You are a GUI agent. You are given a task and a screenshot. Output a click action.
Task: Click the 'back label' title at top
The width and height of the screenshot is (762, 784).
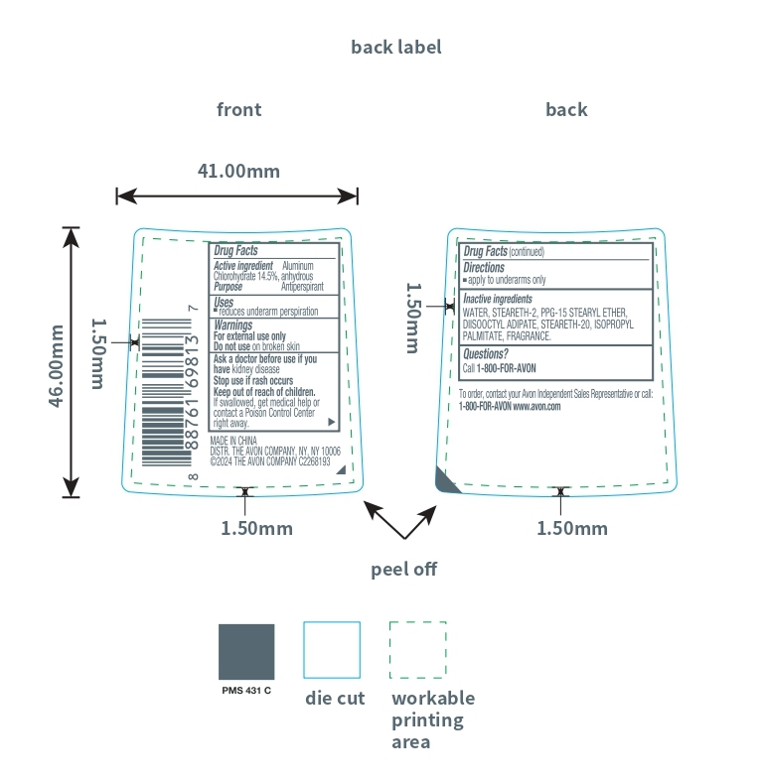[395, 47]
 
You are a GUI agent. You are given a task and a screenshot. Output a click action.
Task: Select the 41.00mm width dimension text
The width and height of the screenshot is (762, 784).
[238, 171]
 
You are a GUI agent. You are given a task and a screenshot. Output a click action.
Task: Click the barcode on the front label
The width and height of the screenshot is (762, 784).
[163, 391]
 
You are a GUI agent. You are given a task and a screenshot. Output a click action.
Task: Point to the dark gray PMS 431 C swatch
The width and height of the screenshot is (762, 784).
[246, 651]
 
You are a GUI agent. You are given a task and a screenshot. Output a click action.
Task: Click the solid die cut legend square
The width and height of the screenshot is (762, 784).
[332, 650]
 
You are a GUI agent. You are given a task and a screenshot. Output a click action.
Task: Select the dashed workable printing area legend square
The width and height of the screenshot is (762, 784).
[418, 650]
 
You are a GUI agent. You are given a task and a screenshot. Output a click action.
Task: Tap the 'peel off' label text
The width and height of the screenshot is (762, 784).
[403, 569]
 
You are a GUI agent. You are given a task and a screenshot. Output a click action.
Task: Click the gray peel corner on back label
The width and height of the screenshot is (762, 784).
[446, 478]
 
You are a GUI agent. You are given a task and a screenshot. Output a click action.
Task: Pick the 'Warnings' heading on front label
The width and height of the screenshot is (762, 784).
[233, 325]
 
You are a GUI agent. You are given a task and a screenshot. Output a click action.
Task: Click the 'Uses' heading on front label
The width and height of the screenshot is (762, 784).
[224, 301]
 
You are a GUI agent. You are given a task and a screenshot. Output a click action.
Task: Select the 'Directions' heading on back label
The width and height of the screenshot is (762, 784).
[484, 268]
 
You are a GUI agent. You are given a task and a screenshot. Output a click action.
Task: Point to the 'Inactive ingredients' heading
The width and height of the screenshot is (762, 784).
[498, 299]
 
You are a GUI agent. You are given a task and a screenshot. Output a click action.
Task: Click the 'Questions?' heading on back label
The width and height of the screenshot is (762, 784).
[486, 353]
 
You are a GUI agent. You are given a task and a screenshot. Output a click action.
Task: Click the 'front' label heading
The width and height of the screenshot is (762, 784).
[238, 109]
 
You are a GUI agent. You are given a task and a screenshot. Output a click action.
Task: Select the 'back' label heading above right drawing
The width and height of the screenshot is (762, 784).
[566, 109]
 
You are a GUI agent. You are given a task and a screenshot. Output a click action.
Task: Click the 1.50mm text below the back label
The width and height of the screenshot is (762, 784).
[572, 528]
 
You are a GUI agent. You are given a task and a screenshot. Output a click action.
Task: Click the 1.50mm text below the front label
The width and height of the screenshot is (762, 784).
[256, 528]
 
